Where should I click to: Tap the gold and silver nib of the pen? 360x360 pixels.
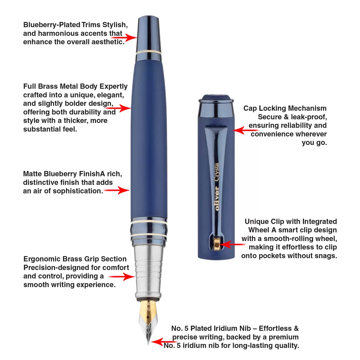click(x=148, y=322)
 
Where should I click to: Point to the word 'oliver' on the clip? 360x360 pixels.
click(x=217, y=198)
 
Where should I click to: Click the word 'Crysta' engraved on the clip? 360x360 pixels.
click(x=217, y=172)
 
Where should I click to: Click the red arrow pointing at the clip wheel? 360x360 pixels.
click(x=232, y=244)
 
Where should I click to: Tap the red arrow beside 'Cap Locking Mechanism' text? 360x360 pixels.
click(x=245, y=130)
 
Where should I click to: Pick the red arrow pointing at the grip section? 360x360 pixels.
click(x=122, y=277)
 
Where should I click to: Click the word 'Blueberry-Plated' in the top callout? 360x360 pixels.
click(x=52, y=25)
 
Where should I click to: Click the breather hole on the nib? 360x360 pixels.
click(x=148, y=317)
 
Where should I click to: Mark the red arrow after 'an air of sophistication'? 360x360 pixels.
click(x=117, y=190)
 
